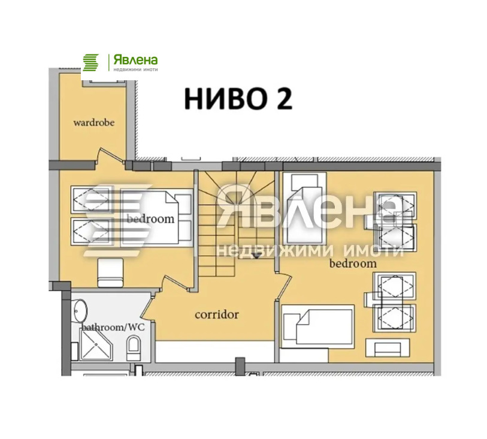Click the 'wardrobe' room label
[94, 123]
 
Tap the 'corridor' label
[217, 314]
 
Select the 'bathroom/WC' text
[113, 327]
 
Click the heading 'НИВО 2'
[238, 98]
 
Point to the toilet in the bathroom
[134, 349]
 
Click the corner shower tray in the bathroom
[96, 345]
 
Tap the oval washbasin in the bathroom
[80, 310]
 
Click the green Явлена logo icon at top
[90, 62]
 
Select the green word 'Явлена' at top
[135, 60]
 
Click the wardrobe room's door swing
[111, 155]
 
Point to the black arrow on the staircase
[256, 256]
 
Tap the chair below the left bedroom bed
[110, 273]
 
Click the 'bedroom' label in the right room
[353, 264]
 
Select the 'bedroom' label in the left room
[150, 219]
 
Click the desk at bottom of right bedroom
[388, 348]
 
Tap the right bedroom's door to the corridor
[284, 286]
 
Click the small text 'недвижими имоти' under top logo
[135, 69]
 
